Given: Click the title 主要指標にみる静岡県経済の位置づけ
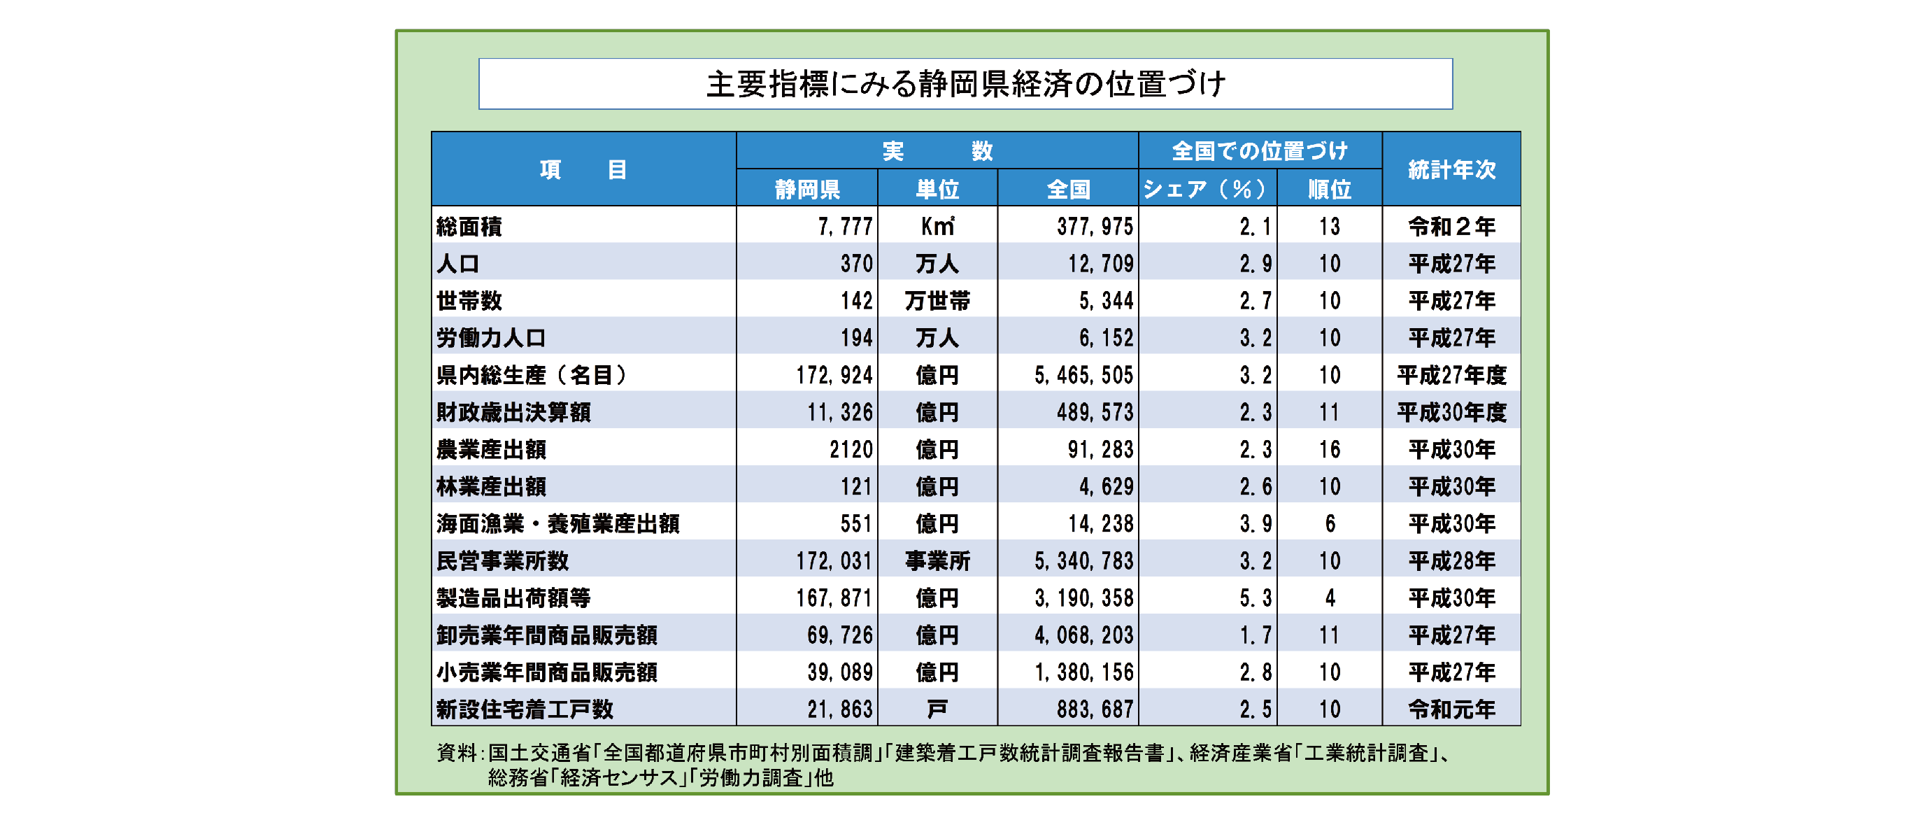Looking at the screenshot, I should tap(965, 83).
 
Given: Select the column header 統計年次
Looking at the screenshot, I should tap(1451, 169).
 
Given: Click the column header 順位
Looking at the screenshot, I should tap(1329, 189).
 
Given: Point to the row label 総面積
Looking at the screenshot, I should tap(469, 226).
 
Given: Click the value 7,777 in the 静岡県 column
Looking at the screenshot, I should tap(844, 226).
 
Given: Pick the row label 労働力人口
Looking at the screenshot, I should tap(491, 338).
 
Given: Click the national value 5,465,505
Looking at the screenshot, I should tap(1083, 375).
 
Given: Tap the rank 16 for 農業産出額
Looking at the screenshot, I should tap(1329, 449).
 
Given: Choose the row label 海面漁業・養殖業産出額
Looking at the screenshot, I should tap(557, 523).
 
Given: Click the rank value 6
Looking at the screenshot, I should tap(1330, 523).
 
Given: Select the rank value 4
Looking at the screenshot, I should tap(1330, 598).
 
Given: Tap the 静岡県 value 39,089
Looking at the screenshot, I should tap(839, 672).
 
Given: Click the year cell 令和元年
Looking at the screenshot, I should tap(1451, 709).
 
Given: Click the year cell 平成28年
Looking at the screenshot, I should tap(1451, 561).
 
